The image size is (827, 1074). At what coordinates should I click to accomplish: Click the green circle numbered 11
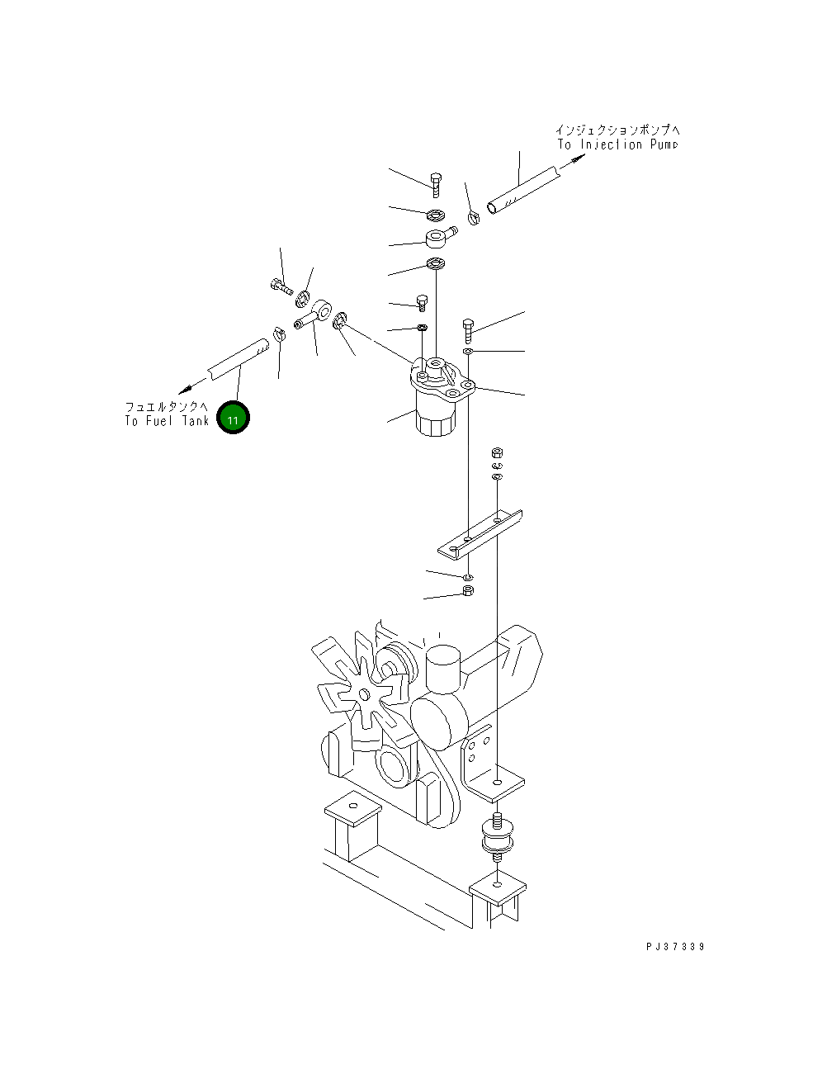[x=233, y=419]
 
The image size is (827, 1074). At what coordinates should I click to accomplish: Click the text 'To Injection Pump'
[x=617, y=144]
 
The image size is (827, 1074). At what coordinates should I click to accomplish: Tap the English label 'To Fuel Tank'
[x=167, y=421]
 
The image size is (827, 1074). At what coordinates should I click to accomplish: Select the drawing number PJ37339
[x=675, y=947]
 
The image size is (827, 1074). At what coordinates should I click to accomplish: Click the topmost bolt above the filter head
[x=437, y=182]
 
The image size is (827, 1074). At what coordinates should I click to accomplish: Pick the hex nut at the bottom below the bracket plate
[x=467, y=591]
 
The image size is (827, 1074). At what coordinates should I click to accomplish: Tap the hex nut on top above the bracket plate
[x=497, y=452]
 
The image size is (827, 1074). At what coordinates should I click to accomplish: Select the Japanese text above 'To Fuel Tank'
[x=167, y=407]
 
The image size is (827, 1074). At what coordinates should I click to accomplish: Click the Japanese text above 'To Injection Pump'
[x=617, y=130]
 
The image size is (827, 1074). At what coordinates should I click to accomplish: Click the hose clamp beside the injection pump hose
[x=474, y=218]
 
